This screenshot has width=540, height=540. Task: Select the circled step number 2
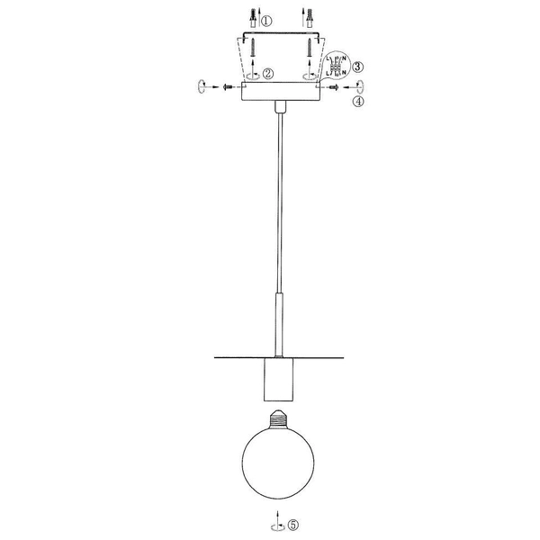tap(267, 74)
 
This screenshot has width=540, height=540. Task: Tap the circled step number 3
tap(358, 67)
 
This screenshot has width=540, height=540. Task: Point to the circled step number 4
tap(360, 103)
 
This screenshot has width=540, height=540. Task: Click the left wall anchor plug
tap(254, 18)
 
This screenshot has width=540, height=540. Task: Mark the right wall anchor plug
tap(310, 18)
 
